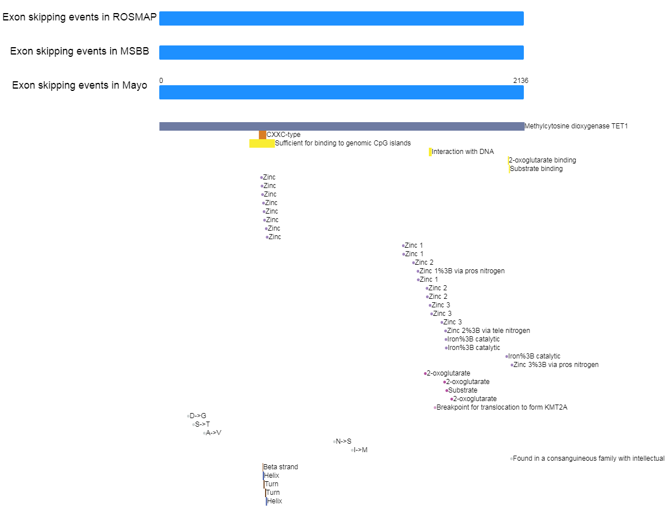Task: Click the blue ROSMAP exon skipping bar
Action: (x=341, y=18)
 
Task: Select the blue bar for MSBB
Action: (x=341, y=52)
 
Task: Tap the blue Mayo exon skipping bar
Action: (x=341, y=92)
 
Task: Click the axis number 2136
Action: (x=520, y=81)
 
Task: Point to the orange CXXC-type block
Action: (x=262, y=135)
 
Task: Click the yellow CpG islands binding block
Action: (x=262, y=143)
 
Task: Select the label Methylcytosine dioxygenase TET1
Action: (x=576, y=126)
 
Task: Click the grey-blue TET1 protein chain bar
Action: (x=342, y=126)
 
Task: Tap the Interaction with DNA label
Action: (x=463, y=152)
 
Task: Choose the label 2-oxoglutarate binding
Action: (x=542, y=160)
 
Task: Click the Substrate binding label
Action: (x=536, y=169)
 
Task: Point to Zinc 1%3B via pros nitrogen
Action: (x=462, y=271)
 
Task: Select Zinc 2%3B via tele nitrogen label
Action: (x=489, y=331)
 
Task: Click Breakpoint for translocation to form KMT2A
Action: (x=502, y=407)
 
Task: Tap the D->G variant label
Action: (x=198, y=416)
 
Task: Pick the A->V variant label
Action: (x=214, y=433)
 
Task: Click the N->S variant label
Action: (x=344, y=441)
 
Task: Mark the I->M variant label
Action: (x=361, y=450)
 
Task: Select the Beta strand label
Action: (x=281, y=467)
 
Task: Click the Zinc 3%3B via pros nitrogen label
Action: (x=556, y=365)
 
